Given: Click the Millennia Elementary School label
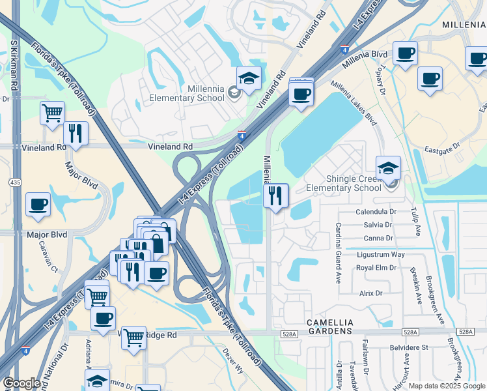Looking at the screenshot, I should (x=187, y=93).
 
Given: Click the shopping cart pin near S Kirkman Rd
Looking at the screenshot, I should (x=52, y=112).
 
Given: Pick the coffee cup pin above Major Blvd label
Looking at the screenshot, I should (x=38, y=204).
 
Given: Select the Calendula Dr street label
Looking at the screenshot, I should (x=376, y=212).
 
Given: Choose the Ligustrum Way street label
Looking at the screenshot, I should (x=381, y=253).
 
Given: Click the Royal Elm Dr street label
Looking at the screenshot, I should (x=377, y=267).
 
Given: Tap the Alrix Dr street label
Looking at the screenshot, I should (x=370, y=293).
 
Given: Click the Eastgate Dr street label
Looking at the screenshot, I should (x=443, y=146).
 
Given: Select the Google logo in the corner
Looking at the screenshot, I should (x=21, y=383).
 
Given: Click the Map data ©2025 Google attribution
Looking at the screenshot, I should (x=446, y=386).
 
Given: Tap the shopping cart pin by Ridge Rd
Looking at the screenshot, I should (x=133, y=338).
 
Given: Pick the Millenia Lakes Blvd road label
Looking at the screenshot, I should (x=354, y=104).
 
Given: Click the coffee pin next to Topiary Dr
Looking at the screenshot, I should (x=405, y=54).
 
